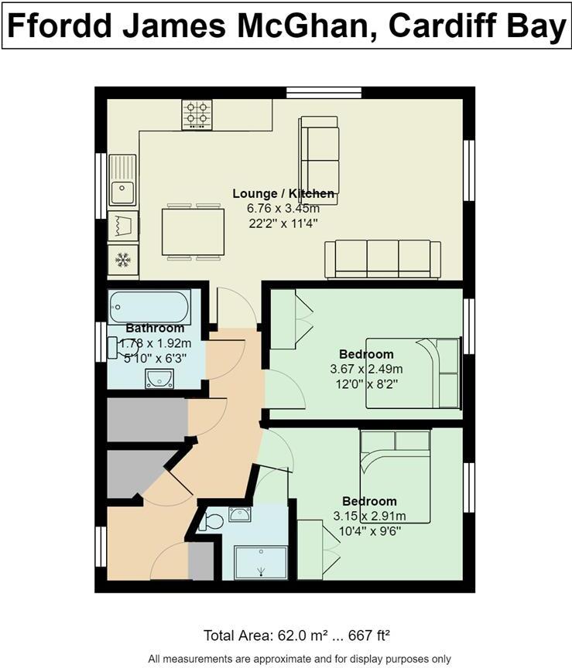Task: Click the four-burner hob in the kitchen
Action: pos(197,114)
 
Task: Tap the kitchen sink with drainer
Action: pos(122,179)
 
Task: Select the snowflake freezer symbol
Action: pos(122,260)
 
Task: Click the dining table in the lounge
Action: pos(194,232)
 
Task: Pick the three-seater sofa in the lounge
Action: pos(377,258)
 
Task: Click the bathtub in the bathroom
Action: pos(149,306)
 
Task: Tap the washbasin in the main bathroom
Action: pos(159,378)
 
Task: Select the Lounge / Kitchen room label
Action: pos(285,193)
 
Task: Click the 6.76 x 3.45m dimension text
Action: pos(285,209)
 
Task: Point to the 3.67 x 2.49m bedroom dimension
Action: pos(367,369)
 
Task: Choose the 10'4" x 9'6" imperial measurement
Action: pos(369,530)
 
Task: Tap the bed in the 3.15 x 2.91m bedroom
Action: pos(395,472)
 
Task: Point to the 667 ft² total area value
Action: pos(363,636)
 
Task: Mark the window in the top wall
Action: pos(324,93)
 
